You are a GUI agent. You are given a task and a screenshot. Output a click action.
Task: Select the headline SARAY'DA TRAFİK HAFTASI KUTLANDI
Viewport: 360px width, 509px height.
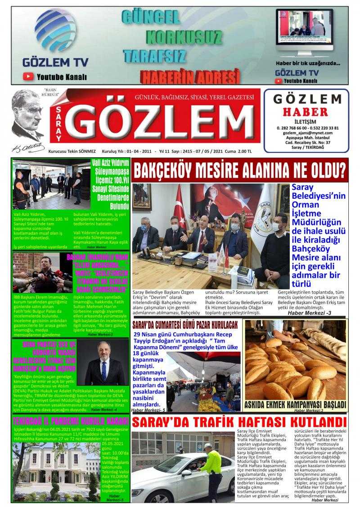239,423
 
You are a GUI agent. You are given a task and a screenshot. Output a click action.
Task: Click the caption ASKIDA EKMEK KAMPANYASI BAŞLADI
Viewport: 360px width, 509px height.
295,404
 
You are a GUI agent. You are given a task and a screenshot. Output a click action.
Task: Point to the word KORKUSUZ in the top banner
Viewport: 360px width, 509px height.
184,36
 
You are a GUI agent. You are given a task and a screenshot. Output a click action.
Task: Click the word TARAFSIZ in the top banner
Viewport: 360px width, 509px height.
154,56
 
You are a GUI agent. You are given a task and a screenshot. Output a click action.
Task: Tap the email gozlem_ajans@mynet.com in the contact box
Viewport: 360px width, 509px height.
308,133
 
